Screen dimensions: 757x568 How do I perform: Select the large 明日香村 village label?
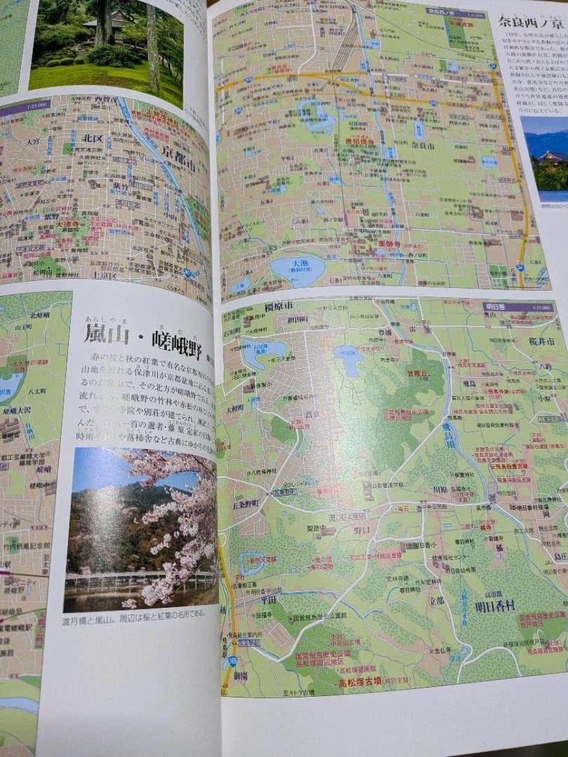[499, 607]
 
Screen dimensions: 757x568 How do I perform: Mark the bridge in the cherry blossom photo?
[140, 579]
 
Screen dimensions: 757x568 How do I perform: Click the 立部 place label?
[437, 601]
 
